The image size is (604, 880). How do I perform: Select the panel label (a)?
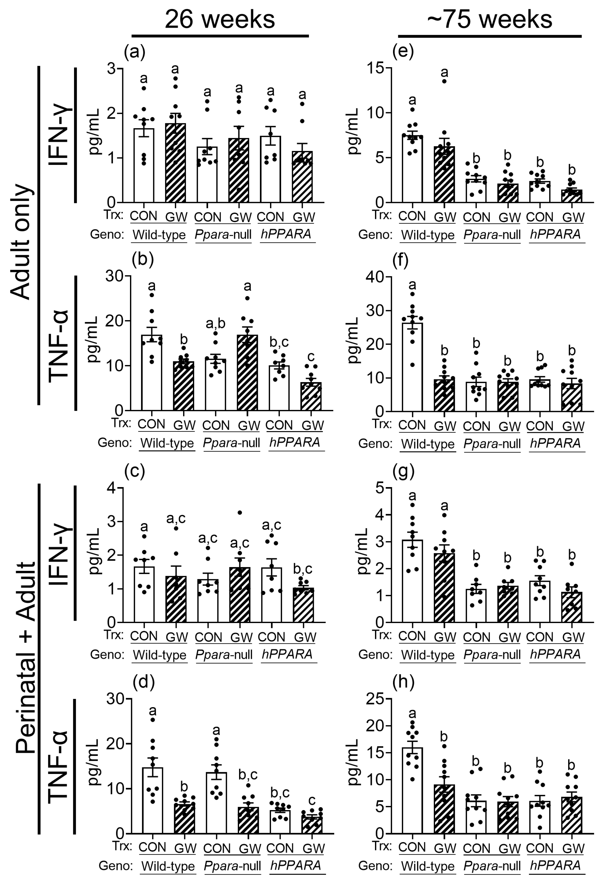(x=135, y=52)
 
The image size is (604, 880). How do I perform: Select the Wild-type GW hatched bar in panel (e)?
(x=444, y=174)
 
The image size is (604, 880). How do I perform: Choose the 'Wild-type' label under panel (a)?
(x=159, y=235)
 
